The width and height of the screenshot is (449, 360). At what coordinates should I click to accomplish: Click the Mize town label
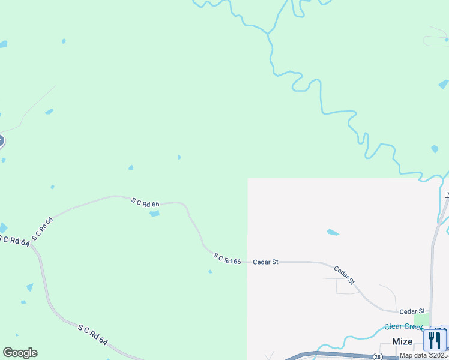(x=402, y=341)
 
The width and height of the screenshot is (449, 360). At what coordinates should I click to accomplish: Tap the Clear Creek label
(x=404, y=326)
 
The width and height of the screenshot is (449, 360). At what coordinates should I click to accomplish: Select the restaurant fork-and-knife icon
(x=435, y=340)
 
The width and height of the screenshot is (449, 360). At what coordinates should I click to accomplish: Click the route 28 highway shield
(x=377, y=356)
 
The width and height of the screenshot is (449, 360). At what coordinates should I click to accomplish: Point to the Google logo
(x=20, y=353)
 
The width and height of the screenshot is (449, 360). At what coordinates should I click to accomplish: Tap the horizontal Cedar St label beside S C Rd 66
(x=265, y=262)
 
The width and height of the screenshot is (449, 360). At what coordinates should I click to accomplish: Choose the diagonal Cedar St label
(x=345, y=275)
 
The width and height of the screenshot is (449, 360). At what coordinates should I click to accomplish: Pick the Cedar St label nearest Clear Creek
(x=412, y=311)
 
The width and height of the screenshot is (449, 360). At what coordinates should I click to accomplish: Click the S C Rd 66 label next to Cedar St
(x=227, y=259)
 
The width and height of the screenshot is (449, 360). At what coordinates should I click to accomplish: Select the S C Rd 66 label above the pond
(x=145, y=203)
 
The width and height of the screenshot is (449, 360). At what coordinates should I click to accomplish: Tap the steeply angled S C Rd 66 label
(x=43, y=229)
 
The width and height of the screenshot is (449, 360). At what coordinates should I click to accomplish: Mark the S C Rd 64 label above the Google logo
(x=92, y=334)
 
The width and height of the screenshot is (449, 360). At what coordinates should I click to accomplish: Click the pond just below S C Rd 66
(x=154, y=214)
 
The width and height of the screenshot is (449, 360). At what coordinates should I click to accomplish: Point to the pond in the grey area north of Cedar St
(x=333, y=232)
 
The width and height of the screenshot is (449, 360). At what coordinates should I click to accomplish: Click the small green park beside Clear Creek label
(x=421, y=320)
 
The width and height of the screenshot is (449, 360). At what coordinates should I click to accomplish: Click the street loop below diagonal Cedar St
(x=346, y=287)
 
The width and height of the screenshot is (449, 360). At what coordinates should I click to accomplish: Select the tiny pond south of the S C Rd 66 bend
(x=210, y=272)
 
